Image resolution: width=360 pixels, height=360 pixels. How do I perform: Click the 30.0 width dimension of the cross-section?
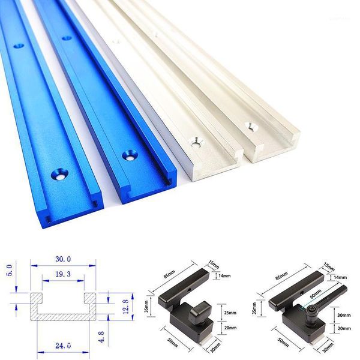[62, 259]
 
